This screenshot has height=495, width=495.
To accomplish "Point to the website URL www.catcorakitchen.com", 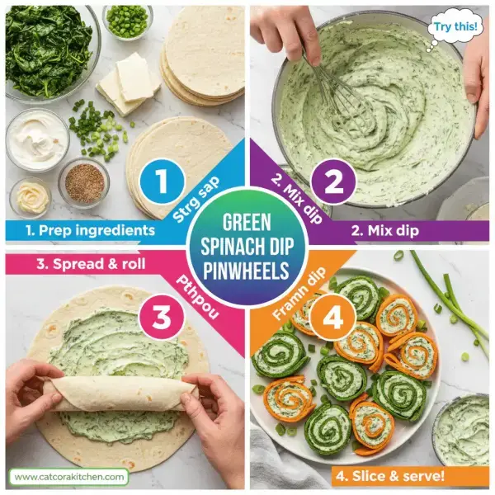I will coord(69,476).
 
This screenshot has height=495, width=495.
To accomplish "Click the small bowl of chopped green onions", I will coord(128,20).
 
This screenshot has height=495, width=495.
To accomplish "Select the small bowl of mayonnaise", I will coord(30,198).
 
